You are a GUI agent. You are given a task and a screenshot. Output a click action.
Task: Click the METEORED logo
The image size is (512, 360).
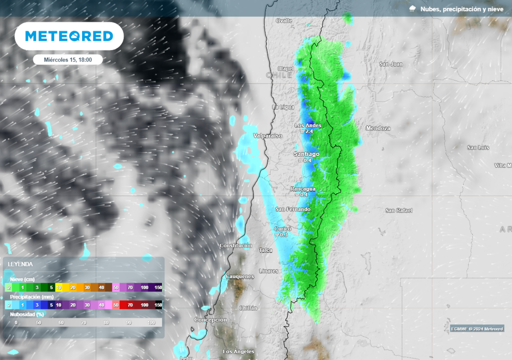click(69, 36)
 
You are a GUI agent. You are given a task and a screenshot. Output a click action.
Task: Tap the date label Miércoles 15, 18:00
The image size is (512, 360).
click(67, 59)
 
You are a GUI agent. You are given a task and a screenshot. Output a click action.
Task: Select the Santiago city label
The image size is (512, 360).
click(306, 154)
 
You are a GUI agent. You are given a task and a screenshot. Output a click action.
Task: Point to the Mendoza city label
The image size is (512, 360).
click(378, 128)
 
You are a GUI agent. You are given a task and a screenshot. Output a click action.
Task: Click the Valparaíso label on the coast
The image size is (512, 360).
click(268, 136)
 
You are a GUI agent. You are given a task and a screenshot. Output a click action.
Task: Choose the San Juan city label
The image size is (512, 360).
click(391, 64)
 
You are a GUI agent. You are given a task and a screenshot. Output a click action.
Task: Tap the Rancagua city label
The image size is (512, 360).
click(303, 189)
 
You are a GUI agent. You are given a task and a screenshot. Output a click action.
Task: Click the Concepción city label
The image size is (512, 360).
click(210, 319)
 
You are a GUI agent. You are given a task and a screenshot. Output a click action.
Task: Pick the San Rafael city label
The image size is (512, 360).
click(398, 210)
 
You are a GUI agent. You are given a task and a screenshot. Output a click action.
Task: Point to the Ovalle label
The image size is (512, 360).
click(284, 20)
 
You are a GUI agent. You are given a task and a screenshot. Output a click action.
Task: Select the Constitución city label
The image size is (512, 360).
click(236, 245)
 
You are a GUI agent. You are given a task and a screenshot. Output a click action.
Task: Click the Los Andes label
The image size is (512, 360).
click(308, 125)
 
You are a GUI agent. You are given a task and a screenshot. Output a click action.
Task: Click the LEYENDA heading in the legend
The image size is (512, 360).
click(20, 264)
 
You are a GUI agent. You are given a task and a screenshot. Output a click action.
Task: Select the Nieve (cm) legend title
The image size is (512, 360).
click(22, 279)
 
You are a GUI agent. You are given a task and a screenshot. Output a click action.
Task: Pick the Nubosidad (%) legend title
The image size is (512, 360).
click(27, 314)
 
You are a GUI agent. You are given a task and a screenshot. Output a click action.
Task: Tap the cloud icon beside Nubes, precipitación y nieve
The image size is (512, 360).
click(413, 9)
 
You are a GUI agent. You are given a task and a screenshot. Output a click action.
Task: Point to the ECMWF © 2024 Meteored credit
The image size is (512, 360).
click(476, 328)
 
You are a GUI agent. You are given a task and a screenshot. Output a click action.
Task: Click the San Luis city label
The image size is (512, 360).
click(478, 147)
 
